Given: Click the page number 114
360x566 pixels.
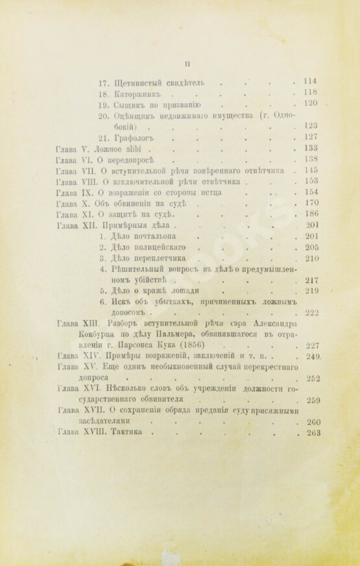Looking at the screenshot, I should pos(310,81).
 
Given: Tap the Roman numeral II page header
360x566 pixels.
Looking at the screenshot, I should pos(187,63).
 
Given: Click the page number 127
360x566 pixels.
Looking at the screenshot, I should pos(313,137).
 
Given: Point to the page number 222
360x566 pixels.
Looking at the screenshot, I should pos(313,313).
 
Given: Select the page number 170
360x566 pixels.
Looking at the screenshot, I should pos(313,203).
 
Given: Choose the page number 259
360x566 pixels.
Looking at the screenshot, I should pos(313,400).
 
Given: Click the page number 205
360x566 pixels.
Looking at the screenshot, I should pos(313,248).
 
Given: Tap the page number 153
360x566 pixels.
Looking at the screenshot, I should pos(313,181).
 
